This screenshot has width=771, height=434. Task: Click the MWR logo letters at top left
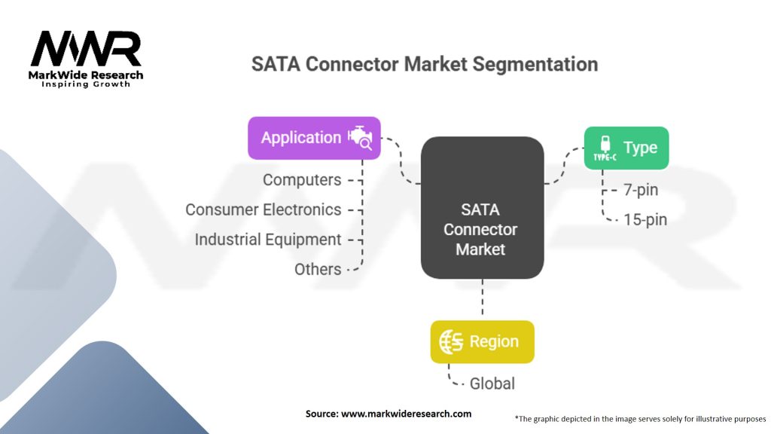click(85, 49)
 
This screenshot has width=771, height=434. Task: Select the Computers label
click(302, 180)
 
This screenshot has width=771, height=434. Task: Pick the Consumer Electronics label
click(264, 209)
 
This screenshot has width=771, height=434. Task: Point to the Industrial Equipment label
click(268, 240)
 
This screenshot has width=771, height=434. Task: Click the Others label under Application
click(318, 269)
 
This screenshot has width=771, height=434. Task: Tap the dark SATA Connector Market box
click(482, 206)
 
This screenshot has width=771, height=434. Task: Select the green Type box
click(626, 148)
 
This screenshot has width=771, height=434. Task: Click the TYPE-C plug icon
click(604, 148)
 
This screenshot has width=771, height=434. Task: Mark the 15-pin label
click(645, 220)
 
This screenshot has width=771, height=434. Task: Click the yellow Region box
click(482, 342)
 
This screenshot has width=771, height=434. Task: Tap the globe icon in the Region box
click(451, 342)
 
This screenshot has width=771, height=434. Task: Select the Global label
click(492, 384)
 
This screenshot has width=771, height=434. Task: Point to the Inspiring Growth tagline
click(85, 84)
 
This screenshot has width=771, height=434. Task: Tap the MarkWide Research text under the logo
click(85, 75)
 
